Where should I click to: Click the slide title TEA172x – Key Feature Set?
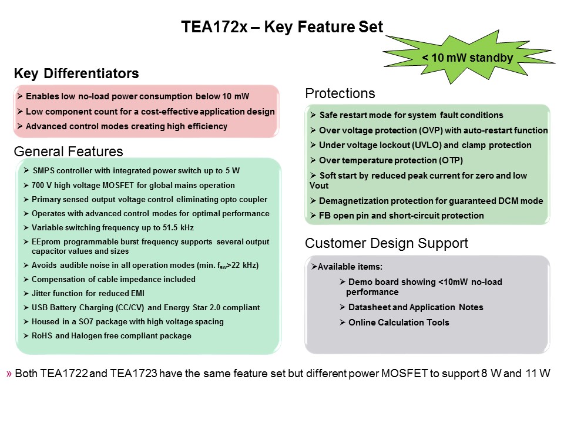pos(282,27)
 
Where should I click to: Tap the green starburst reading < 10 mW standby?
pos(468,57)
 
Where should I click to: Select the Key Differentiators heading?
pos(76,73)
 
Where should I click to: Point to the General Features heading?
pos(68,152)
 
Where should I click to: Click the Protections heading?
pos(340,93)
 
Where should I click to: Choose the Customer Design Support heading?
pos(387,243)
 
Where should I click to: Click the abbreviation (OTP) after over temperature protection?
pos(451,160)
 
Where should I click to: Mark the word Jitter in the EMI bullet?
pos(41,294)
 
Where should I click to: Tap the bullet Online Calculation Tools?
pos(398,323)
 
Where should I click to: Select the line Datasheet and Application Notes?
pos(415,307)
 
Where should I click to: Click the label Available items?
pos(350,267)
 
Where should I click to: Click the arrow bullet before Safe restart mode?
pos(313,115)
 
